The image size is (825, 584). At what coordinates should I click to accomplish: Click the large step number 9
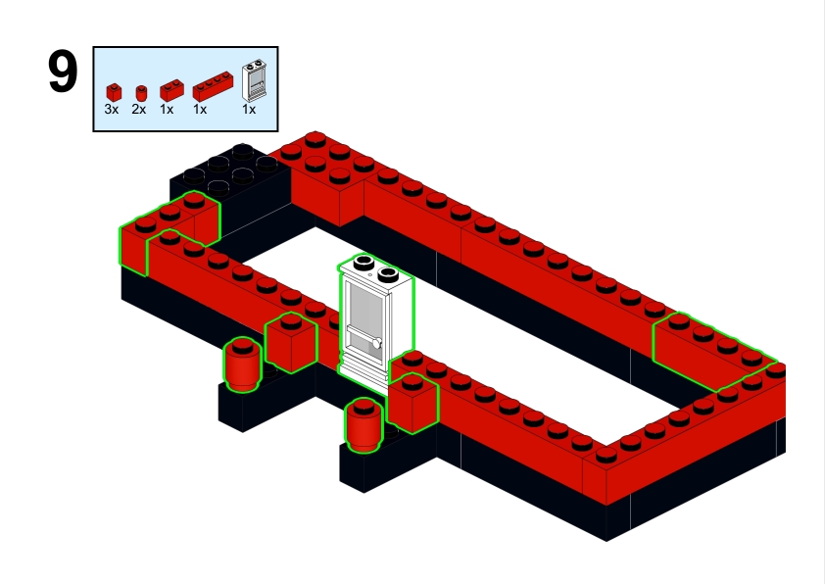click(63, 72)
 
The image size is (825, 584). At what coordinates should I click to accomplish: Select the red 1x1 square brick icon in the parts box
click(114, 92)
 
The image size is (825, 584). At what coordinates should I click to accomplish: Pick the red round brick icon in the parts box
click(141, 93)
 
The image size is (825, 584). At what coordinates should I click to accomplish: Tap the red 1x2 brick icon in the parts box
click(171, 90)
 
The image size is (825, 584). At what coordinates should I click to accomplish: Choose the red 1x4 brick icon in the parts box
click(213, 86)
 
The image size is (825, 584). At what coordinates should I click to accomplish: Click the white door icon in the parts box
click(254, 80)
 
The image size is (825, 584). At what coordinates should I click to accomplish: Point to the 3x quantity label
click(112, 110)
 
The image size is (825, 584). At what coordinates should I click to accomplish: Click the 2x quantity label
click(139, 110)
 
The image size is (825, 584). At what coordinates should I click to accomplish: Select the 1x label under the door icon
click(249, 110)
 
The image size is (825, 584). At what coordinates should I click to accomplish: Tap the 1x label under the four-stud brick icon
click(200, 110)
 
